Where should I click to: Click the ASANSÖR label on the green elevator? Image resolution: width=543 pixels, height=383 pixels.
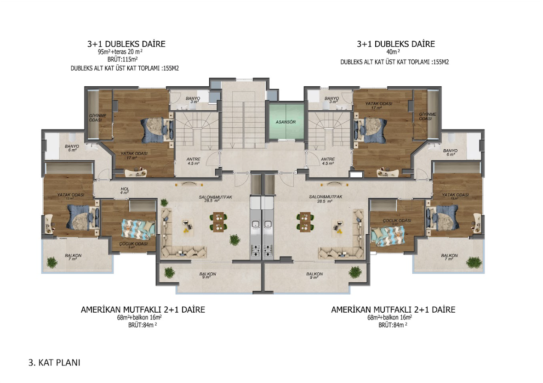point(285,122)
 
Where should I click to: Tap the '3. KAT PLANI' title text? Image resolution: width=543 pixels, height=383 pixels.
point(54,363)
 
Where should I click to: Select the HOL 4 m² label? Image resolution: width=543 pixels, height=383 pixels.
point(124,190)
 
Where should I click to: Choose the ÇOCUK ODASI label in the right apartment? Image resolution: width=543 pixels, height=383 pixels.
point(396,220)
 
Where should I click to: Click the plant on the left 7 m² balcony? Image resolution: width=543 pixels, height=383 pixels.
point(52,262)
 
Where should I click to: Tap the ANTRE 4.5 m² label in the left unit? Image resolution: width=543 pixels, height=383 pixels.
point(194,161)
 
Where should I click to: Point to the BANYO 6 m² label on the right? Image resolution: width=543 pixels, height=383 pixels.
point(450,152)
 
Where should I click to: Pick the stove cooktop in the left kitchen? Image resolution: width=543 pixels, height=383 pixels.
point(255,251)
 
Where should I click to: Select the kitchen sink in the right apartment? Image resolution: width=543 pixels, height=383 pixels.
point(269,225)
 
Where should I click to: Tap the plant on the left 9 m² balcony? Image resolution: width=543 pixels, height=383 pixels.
point(171,272)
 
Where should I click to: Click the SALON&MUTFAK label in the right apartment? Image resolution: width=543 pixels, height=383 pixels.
point(326,198)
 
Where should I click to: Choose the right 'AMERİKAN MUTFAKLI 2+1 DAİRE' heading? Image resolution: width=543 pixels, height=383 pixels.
point(393,310)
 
